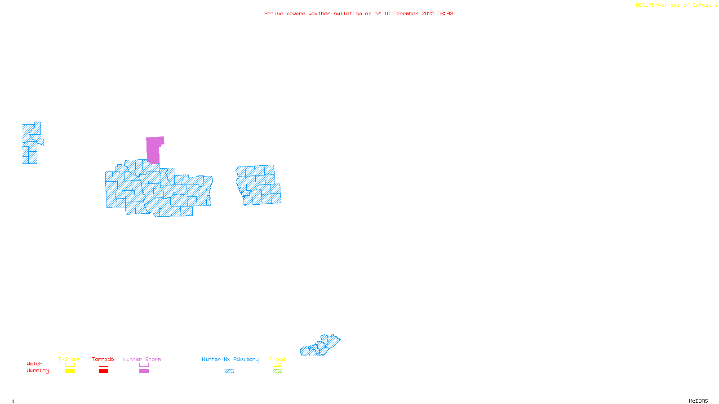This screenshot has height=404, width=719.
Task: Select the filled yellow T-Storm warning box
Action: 70,371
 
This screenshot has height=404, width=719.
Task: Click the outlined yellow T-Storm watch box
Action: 70,365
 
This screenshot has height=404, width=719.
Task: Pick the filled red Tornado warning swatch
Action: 103,371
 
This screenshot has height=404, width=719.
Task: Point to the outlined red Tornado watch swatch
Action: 103,365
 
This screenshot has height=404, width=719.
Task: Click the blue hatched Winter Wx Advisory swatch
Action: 229,371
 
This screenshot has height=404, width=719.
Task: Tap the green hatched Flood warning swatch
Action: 277,371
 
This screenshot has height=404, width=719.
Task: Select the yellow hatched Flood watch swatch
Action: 277,365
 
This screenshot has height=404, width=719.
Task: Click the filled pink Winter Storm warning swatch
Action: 144,371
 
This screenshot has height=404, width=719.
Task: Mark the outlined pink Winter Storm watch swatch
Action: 144,365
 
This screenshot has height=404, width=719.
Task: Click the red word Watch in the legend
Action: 35,364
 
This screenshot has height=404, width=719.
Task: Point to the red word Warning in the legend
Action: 37,371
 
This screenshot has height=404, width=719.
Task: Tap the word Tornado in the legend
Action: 103,359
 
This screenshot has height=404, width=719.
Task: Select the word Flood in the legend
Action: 277,359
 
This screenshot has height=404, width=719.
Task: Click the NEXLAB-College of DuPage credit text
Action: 674,5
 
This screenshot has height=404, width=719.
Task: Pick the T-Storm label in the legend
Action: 69,359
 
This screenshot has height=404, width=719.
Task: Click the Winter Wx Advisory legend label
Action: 230,359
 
